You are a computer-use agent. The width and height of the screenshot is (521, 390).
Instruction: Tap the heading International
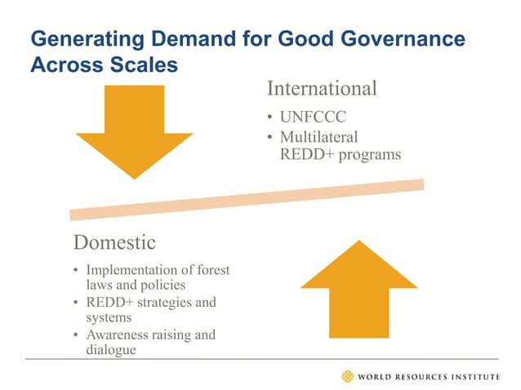point(322,88)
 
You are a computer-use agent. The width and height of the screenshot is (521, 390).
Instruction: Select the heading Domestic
point(114,242)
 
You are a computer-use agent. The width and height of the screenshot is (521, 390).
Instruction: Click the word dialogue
point(111,350)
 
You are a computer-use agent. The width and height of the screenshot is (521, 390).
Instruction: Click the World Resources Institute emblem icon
point(349,376)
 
